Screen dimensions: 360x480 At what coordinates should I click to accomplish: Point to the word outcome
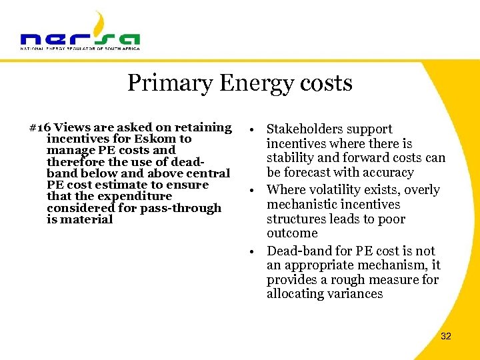tap(292, 233)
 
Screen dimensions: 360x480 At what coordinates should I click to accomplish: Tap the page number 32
tap(446, 336)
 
